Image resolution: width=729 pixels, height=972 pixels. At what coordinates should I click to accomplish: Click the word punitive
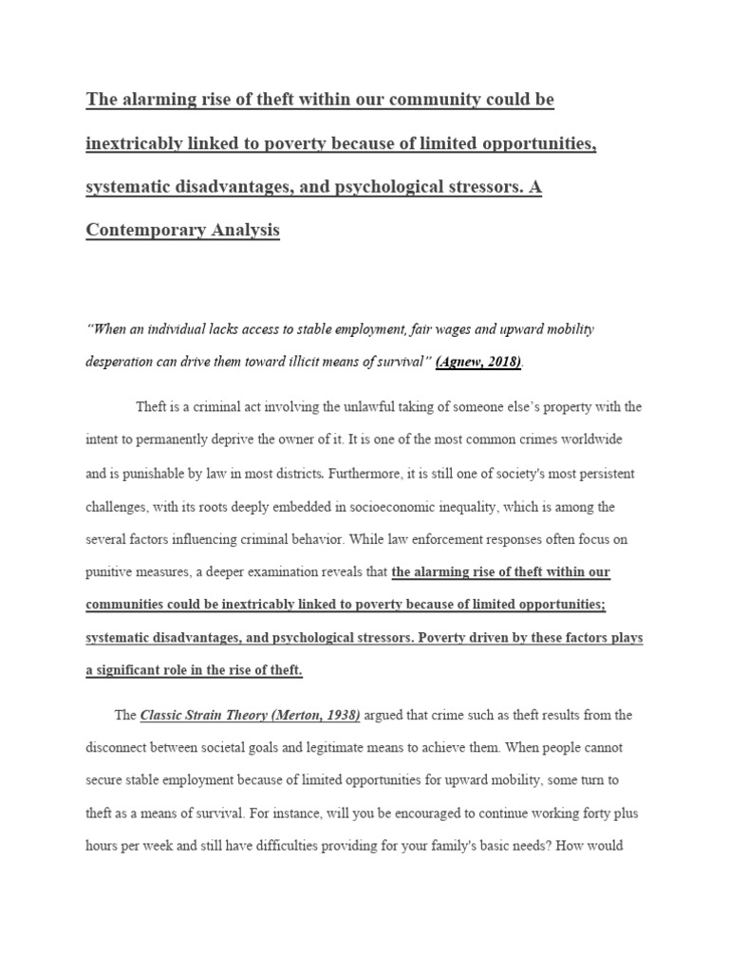113,571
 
